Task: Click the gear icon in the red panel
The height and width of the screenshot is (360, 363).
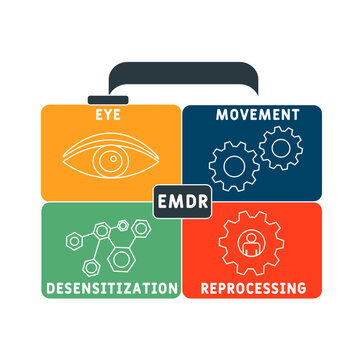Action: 252,241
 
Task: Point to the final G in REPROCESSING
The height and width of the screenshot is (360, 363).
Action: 301,288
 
